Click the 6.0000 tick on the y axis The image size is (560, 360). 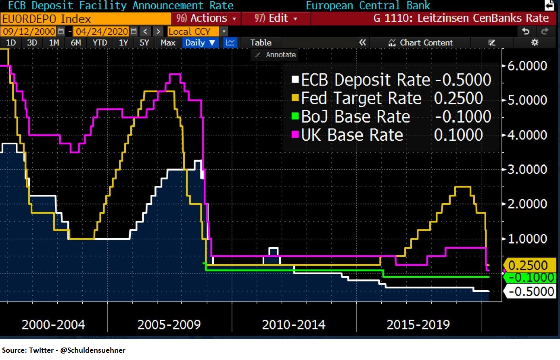pyautogui.click(x=527, y=66)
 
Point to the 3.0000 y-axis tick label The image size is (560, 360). pyautogui.click(x=527, y=169)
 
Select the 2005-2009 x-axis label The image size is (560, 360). pyautogui.click(x=169, y=325)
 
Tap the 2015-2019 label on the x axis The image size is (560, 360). pyautogui.click(x=418, y=325)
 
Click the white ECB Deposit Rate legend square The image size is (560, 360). pyautogui.click(x=295, y=80)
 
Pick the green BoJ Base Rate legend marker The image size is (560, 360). pyautogui.click(x=295, y=117)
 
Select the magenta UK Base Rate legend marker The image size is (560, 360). pyautogui.click(x=295, y=135)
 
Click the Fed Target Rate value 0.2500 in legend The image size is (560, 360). pyautogui.click(x=458, y=98)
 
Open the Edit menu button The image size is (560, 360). pyautogui.click(x=276, y=19)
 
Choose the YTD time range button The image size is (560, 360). pyautogui.click(x=100, y=43)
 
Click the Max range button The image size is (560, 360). pyautogui.click(x=168, y=43)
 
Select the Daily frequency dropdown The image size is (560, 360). pyautogui.click(x=200, y=43)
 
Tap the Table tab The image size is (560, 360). pyautogui.click(x=261, y=43)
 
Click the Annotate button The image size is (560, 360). pyautogui.click(x=276, y=55)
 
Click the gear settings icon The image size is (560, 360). pyautogui.click(x=535, y=43)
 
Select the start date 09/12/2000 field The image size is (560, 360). pyautogui.click(x=29, y=31)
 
